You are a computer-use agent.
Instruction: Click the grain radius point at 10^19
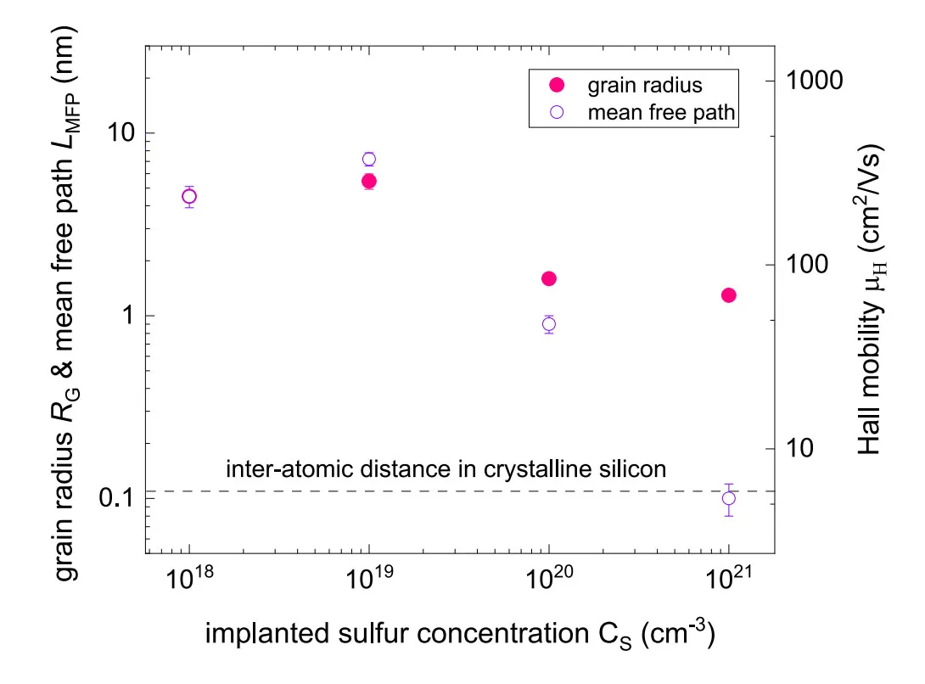pos(368,181)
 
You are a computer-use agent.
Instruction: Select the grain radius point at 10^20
pos(548,278)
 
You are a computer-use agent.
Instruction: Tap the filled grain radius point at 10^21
pos(729,295)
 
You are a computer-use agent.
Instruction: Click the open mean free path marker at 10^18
pos(188,197)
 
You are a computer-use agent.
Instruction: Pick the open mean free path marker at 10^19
pos(368,160)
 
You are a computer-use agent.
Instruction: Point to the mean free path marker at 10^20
pos(548,324)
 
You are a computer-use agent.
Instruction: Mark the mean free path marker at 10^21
pos(729,499)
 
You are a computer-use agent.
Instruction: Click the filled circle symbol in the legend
pos(557,85)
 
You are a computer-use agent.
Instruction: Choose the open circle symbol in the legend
pos(557,112)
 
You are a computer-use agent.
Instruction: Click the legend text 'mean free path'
pos(661,112)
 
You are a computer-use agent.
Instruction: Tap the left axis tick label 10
pos(121,132)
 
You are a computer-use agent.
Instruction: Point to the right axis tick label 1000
pos(814,81)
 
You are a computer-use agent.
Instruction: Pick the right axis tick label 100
pos(807,264)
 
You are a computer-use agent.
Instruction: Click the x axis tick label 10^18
pos(188,578)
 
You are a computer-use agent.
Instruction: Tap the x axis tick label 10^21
pos(729,578)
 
